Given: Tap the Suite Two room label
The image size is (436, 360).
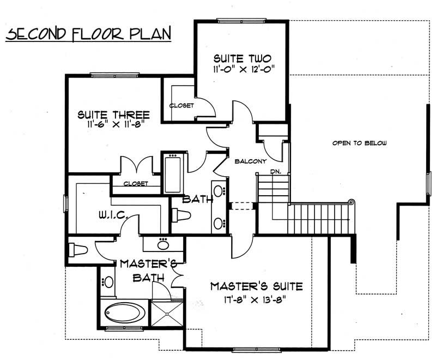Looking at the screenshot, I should coord(242,58).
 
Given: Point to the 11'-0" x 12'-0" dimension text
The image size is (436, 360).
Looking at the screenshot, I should coord(242,69).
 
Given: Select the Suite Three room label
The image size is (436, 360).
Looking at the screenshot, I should coord(113,115).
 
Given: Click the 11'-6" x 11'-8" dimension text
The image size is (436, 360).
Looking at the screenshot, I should coord(113,125).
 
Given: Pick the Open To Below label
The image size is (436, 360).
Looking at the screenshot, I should coord(359,143).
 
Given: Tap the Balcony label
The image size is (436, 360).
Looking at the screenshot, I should coord(250,161).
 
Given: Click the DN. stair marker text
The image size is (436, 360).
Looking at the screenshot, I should coord(276,172).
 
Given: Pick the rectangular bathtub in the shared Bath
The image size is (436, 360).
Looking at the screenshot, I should coord(174,173).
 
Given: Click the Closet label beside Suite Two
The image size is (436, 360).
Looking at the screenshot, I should coord(181,105).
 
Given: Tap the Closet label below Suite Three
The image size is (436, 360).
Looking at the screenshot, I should coord(135,184).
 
